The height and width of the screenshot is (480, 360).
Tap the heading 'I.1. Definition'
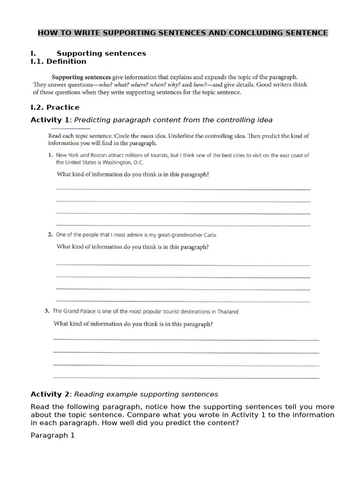point(58,61)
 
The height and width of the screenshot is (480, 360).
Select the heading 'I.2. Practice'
point(55,107)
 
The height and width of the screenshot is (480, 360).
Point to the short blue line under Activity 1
point(70,128)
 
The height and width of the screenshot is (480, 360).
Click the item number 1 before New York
point(50,155)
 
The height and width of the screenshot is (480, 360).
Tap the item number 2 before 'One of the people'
point(50,235)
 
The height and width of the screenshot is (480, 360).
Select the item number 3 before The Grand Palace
point(47,311)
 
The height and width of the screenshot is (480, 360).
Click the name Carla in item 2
point(210,235)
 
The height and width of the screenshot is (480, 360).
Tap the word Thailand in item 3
point(227,311)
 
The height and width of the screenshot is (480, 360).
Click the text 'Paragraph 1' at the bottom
point(52,435)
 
